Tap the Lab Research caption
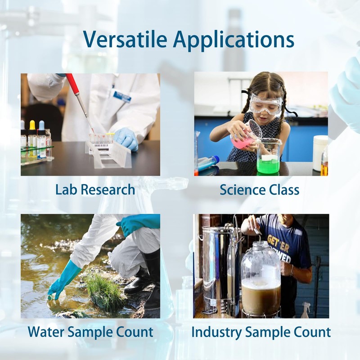(95, 189)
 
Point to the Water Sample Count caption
(90, 333)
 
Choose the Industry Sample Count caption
(261, 333)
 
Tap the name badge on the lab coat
(122, 95)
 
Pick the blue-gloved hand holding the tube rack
(126, 138)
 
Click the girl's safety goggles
(265, 104)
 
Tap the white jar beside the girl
(320, 153)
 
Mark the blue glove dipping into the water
(63, 279)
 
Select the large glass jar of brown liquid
(261, 279)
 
